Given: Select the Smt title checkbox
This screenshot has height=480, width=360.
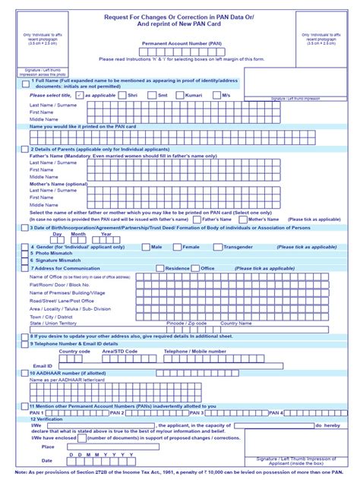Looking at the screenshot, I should tap(150, 95).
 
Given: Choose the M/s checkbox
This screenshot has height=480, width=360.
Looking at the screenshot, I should tap(214, 95).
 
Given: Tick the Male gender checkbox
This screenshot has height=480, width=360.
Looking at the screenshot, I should tap(144, 247).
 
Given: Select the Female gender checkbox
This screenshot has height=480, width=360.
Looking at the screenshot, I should tap(176, 247).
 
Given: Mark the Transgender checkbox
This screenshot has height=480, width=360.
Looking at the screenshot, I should tap(218, 247).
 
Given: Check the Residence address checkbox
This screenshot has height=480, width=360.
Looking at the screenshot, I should tap(159, 268).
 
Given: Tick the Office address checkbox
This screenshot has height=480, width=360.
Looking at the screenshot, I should tap(194, 268).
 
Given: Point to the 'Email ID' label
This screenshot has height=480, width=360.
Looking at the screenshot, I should tap(42, 365).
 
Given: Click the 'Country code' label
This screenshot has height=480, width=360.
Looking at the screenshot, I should tap(74, 351).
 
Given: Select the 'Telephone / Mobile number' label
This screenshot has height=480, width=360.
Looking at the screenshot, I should tap(194, 351).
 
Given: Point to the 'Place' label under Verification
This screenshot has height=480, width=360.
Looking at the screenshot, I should tap(48, 447).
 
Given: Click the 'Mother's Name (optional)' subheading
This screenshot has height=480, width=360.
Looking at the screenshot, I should tap(58, 183).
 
